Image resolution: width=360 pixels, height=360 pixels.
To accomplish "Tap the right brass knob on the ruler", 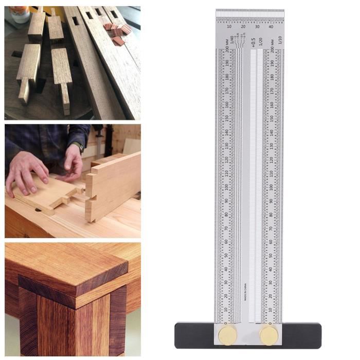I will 268,335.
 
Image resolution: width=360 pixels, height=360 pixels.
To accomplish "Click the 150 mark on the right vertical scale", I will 272,118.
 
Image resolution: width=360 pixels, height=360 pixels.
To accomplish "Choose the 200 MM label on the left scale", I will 227,52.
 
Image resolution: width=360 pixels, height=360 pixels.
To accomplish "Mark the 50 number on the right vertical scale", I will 272,255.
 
